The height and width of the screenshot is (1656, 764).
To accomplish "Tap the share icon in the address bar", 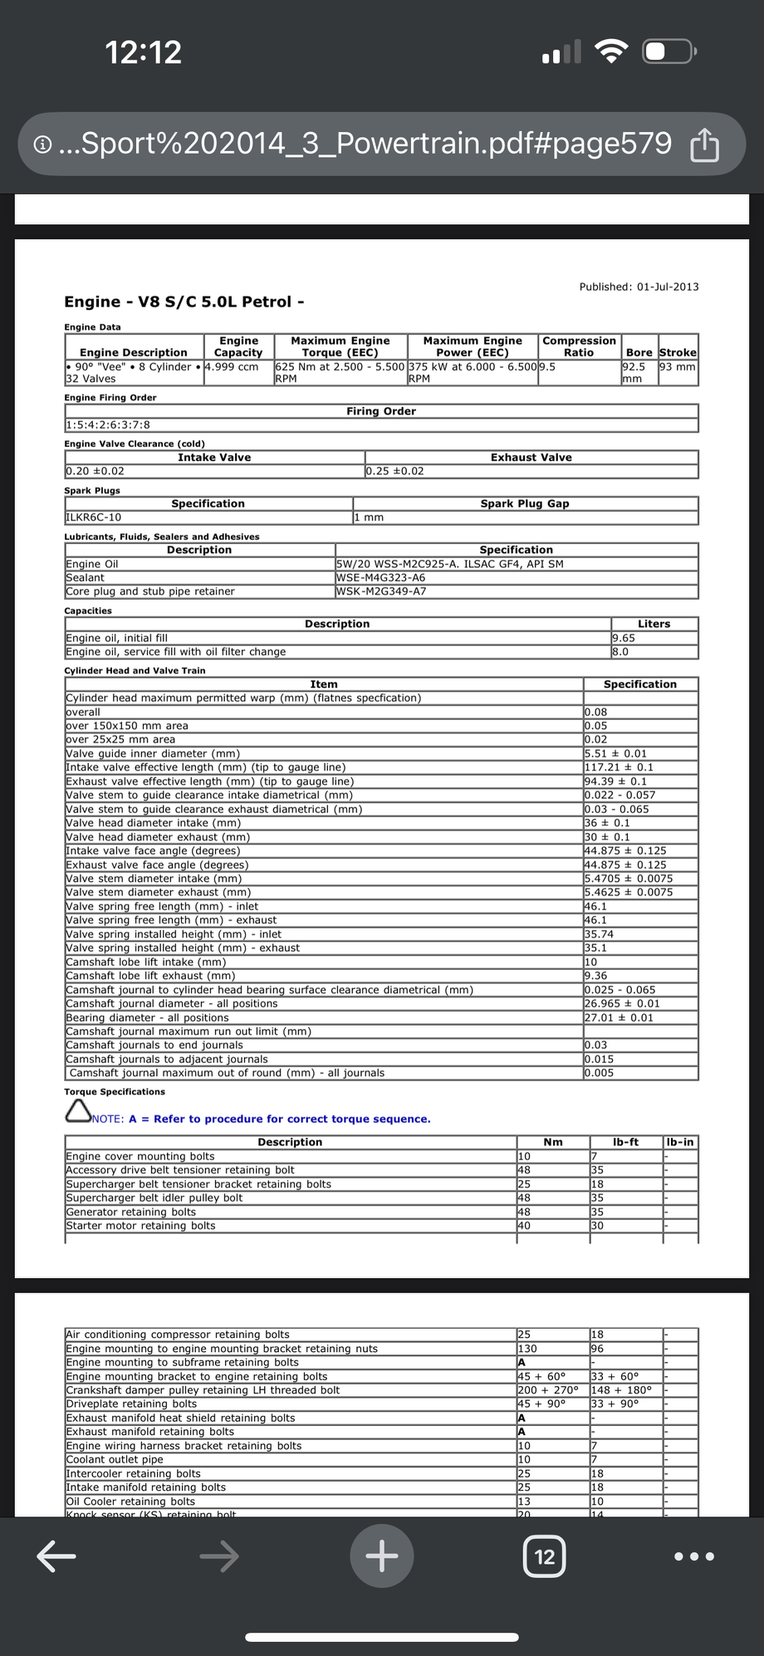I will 704,145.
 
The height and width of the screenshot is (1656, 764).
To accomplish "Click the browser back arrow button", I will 56,1556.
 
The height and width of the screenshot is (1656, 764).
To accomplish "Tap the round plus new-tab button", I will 381,1556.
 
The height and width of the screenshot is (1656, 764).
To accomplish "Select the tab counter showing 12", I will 544,1556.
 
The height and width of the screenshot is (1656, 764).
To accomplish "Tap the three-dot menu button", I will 694,1556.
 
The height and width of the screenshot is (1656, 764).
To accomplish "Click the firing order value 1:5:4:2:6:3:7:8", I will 108,425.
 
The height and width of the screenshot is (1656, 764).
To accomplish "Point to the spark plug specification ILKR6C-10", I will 93,517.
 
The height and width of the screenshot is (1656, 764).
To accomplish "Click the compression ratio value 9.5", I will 547,366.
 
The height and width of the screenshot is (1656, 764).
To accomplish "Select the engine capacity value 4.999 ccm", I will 232,366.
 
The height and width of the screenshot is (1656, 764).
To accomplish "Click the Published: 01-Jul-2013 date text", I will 639,287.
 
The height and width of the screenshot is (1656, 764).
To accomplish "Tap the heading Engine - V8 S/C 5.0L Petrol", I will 184,301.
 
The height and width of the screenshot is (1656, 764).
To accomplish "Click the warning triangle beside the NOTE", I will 77,1112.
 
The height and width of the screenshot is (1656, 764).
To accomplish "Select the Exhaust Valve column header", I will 531,458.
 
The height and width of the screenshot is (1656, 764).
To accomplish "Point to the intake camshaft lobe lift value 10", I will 591,962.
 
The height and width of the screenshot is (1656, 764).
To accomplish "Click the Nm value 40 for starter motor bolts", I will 524,1226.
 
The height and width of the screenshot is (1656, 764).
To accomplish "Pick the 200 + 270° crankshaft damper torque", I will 547,1390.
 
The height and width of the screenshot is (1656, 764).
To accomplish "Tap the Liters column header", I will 654,624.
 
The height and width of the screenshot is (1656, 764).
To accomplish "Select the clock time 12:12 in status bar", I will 143,52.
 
